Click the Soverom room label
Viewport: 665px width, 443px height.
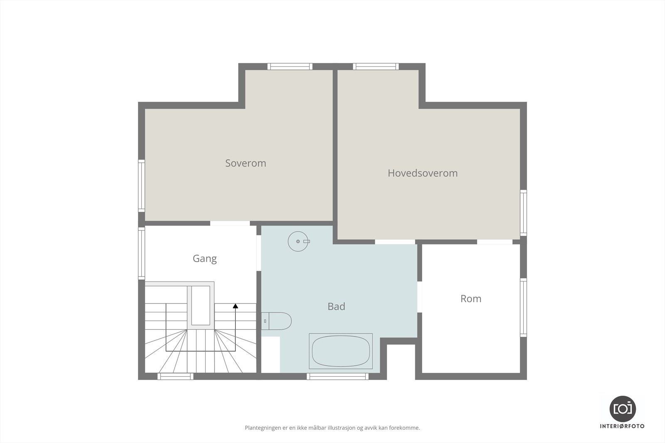coord(246,163)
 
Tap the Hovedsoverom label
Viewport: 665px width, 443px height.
coord(422,173)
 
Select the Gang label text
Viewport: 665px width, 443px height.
coord(204,259)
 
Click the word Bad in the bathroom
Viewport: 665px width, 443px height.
coord(336,306)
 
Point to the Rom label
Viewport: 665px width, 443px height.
coord(470,299)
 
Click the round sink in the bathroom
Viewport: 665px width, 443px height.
coord(298,241)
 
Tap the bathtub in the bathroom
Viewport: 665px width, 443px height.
coord(340,351)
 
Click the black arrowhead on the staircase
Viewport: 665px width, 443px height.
coord(236,306)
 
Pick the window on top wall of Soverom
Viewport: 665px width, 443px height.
coord(290,66)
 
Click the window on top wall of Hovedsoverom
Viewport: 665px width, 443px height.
coord(376,66)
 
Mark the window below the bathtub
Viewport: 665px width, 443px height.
coord(337,376)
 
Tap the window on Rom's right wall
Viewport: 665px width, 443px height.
coord(523,307)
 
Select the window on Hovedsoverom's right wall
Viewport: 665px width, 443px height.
coord(523,213)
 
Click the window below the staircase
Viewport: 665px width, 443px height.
coord(175,376)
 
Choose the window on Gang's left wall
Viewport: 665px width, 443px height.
coord(141,253)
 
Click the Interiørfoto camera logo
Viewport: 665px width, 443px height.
coord(622,409)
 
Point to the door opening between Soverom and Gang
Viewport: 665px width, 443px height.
coord(230,223)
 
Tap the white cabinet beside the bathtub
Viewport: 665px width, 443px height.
coord(271,354)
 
